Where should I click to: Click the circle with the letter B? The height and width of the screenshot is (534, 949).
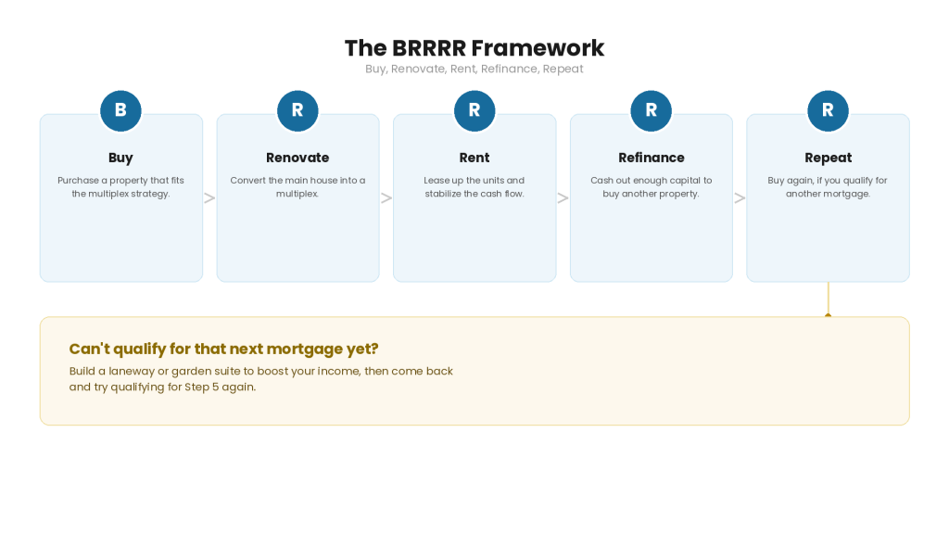coord(120,110)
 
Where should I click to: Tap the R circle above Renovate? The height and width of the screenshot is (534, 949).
coord(297,110)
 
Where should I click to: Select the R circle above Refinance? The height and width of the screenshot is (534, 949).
coord(651,110)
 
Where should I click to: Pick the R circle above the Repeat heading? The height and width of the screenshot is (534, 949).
coord(828,110)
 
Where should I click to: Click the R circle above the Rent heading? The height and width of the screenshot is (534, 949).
coord(474,110)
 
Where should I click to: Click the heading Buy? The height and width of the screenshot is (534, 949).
coord(120,158)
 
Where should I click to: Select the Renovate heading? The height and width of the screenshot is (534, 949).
coord(297,158)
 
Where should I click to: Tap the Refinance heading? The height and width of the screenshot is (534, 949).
coord(652,158)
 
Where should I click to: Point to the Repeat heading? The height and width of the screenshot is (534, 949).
coord(828,158)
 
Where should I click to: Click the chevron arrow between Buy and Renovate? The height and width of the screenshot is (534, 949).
coord(209,198)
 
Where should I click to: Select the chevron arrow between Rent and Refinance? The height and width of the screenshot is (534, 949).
coord(563,198)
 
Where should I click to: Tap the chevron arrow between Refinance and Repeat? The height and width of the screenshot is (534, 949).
coord(740,198)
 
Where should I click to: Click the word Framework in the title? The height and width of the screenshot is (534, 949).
coord(538,48)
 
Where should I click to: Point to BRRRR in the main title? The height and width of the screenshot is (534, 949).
coord(429,48)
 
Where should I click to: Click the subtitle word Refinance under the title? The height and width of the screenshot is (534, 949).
coord(509,69)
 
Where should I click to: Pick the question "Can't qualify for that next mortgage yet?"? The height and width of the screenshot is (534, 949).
coord(223,349)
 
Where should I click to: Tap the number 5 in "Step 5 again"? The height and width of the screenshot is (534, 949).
coord(215,387)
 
